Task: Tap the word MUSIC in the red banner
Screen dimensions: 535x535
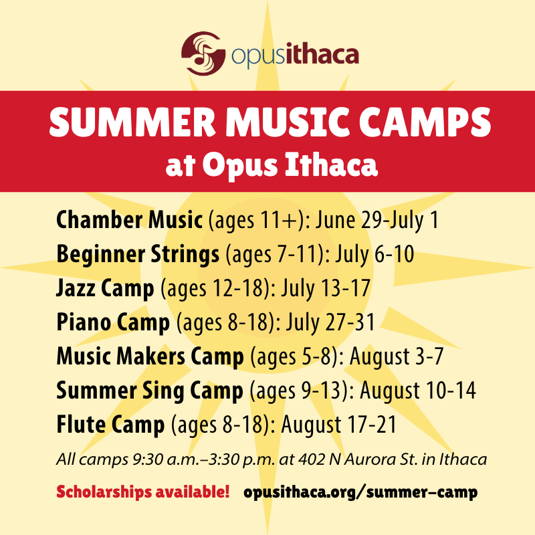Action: coord(290,125)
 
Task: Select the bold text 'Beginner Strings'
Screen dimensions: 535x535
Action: coord(138,255)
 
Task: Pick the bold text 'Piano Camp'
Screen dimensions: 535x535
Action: coord(113,324)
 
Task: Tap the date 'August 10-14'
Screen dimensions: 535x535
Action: coord(420,391)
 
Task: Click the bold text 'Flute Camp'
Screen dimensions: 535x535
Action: coord(110,425)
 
